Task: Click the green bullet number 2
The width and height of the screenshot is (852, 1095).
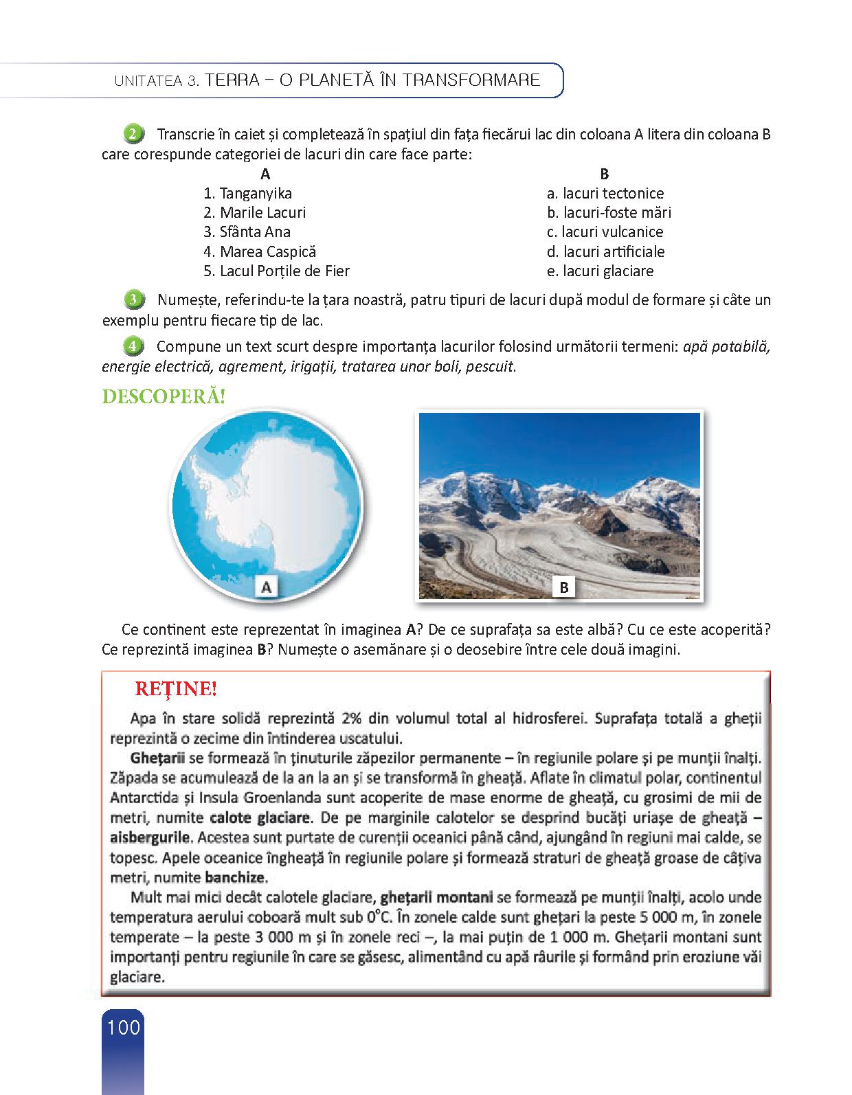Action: click(x=133, y=133)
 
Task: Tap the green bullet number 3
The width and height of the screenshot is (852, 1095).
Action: click(x=133, y=300)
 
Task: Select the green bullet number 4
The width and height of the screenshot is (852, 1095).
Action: click(x=133, y=346)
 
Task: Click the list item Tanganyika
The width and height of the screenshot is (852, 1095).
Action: click(x=248, y=194)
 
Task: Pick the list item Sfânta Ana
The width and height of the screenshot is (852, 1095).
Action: click(x=247, y=232)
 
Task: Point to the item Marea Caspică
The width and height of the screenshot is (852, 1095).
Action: click(x=260, y=251)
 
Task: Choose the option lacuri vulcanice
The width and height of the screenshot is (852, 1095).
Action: click(x=605, y=232)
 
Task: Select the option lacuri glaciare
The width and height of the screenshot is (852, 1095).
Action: click(x=601, y=271)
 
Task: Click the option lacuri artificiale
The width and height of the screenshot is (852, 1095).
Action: click(x=606, y=251)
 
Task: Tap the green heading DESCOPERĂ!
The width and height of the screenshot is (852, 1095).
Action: click(x=164, y=397)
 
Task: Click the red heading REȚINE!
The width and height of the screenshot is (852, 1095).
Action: click(x=176, y=688)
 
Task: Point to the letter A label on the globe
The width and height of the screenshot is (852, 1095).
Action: click(x=267, y=587)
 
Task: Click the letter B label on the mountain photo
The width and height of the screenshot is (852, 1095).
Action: click(x=564, y=587)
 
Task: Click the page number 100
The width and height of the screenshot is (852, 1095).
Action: click(x=124, y=1028)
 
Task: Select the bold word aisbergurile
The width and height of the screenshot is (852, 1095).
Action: click(x=150, y=838)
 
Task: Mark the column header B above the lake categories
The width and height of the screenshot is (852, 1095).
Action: click(x=605, y=174)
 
